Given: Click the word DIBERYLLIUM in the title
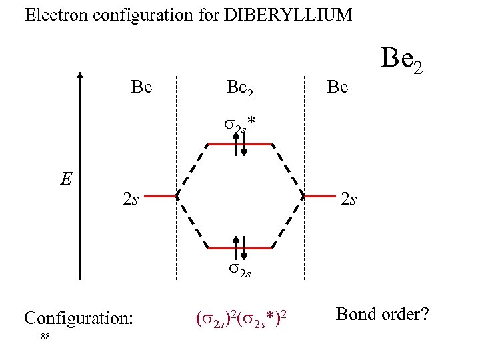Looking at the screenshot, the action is pos(287,15).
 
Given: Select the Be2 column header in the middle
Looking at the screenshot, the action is pos(240,87).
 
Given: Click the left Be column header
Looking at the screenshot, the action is pos(141,87).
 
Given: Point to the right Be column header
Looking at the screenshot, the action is pos(338,87).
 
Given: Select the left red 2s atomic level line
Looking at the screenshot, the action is pos(161,197).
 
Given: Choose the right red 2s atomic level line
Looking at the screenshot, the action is pos(319,197).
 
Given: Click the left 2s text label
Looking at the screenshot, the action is pos(131,198).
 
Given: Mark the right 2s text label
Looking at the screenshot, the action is pos(349,198).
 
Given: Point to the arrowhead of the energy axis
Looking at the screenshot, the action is pos(80,75).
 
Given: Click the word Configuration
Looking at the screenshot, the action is pos(79,317).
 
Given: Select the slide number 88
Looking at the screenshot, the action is pos(45,337).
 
